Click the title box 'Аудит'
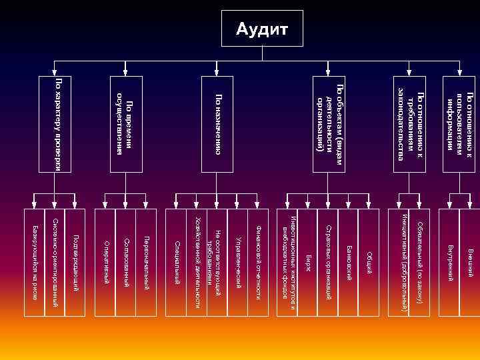coord(262,29)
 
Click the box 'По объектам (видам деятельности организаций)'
coord(329,124)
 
